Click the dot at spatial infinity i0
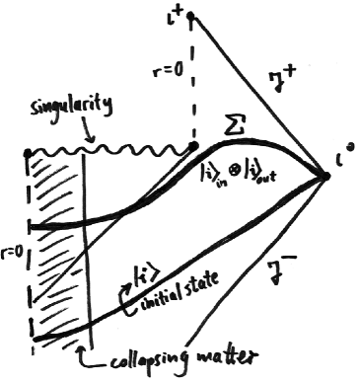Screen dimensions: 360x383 (325, 177)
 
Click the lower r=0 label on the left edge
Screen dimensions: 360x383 (13, 260)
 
